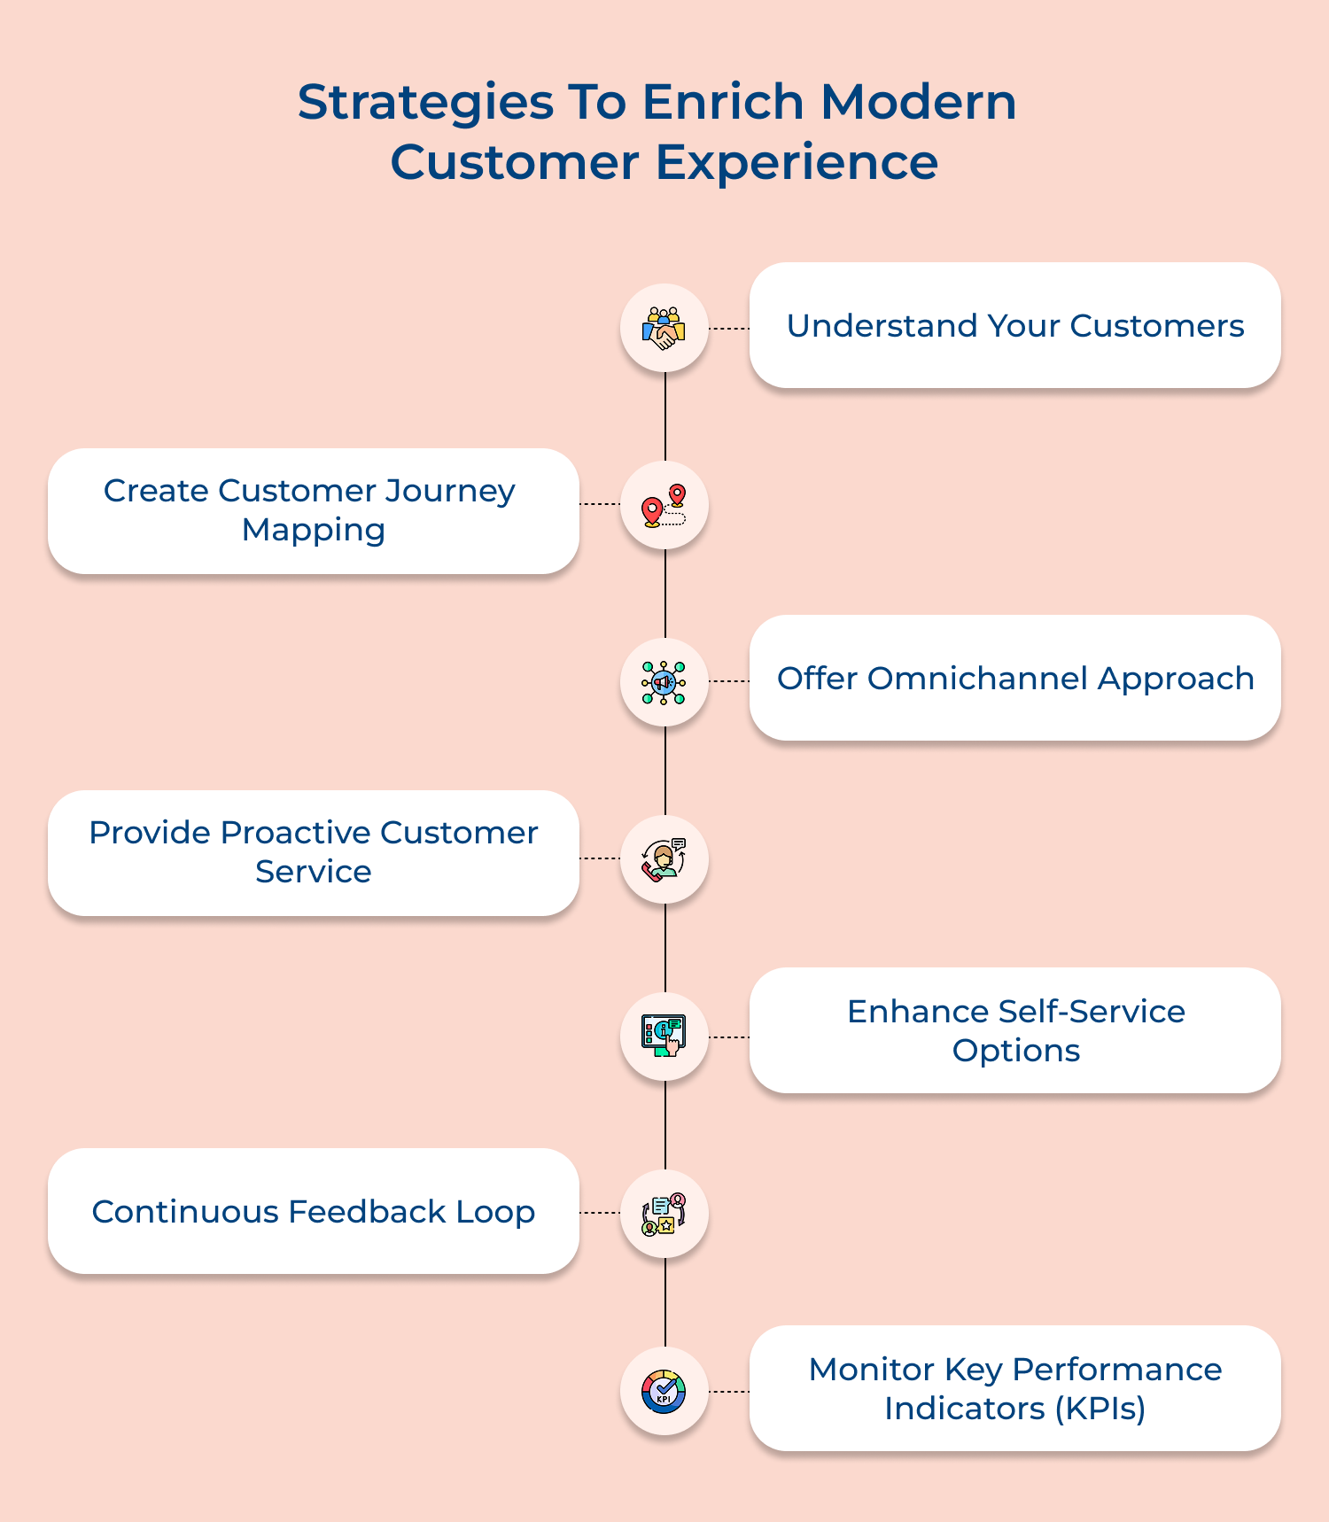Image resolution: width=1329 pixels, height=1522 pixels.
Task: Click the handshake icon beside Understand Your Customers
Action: click(664, 328)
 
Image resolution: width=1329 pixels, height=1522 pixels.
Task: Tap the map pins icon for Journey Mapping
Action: click(664, 506)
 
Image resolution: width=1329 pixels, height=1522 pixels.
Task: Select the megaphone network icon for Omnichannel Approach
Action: click(664, 682)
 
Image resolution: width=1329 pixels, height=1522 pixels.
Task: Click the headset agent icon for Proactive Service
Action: click(664, 859)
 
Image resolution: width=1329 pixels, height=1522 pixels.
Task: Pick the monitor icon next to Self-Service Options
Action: click(664, 1037)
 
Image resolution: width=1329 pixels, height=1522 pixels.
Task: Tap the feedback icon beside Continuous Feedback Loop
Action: click(664, 1214)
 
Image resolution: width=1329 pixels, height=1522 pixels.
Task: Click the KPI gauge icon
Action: click(664, 1391)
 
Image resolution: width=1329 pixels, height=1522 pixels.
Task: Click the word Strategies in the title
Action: click(425, 103)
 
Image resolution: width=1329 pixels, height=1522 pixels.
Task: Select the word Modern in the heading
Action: click(918, 103)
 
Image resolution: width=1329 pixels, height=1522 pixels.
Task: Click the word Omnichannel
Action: click(977, 679)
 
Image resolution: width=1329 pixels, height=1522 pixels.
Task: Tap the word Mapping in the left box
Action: click(314, 530)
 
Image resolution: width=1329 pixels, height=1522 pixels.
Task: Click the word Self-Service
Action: click(1092, 1012)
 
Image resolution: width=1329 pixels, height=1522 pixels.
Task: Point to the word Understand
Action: click(882, 326)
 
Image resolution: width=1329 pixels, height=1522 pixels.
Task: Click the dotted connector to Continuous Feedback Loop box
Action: click(600, 1213)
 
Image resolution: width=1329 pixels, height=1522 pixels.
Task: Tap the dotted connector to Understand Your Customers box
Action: click(729, 329)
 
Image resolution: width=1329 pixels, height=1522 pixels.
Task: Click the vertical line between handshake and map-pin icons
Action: click(664, 416)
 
